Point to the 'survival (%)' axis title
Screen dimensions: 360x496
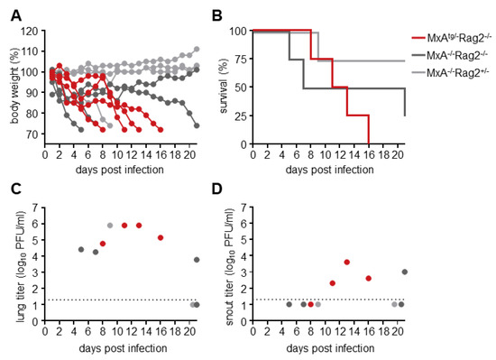(220, 88)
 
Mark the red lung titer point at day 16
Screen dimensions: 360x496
(160, 237)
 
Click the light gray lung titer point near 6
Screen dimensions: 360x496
(110, 226)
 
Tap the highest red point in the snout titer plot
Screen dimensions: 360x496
(346, 262)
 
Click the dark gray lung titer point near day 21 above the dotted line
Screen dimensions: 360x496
(197, 260)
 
